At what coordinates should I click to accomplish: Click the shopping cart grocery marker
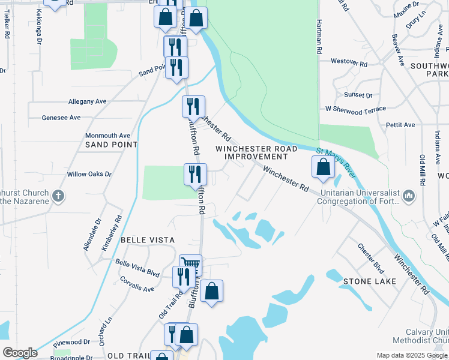click(191, 265)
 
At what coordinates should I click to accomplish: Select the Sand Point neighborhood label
click(112, 145)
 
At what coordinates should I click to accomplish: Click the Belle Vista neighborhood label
click(148, 239)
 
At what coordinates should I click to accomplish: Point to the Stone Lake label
click(370, 281)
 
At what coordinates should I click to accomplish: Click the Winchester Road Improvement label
click(256, 152)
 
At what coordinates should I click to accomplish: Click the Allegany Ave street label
click(87, 102)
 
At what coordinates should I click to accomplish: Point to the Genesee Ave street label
click(61, 118)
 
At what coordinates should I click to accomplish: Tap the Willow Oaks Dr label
click(89, 174)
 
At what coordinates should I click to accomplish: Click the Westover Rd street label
click(349, 62)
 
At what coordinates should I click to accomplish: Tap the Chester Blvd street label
click(370, 257)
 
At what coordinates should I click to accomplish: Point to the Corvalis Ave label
click(137, 284)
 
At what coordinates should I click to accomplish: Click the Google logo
click(20, 353)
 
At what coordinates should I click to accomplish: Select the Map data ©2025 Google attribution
click(411, 355)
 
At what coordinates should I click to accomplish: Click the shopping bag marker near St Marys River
click(323, 167)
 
